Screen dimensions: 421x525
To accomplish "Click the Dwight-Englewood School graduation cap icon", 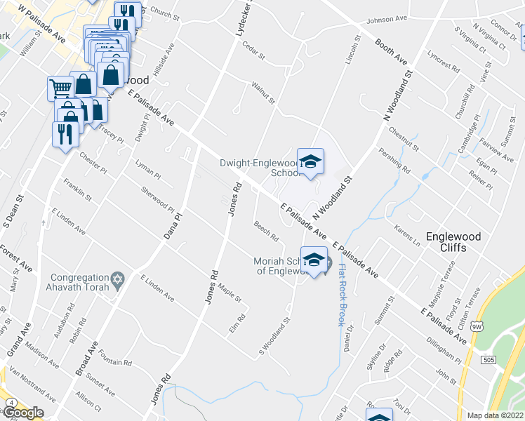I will point(310,162).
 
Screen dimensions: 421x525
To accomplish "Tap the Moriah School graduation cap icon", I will point(314,258).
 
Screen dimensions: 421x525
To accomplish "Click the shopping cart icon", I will point(60,88).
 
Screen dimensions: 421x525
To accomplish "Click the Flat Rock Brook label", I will point(339,295).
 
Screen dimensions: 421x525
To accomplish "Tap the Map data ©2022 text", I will point(496,415).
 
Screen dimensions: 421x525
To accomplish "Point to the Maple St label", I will point(230,293).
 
